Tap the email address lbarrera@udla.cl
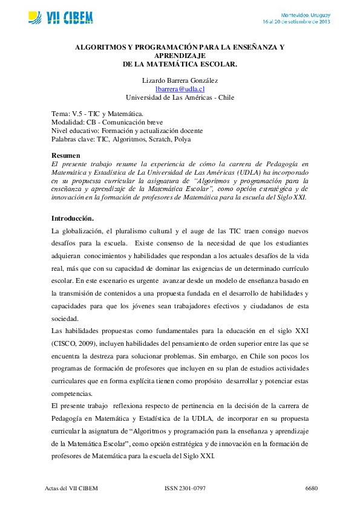click(x=180, y=89)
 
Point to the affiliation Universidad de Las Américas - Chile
click(x=180, y=97)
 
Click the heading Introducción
click(x=73, y=218)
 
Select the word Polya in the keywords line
click(x=182, y=139)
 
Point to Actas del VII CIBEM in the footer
click(x=71, y=487)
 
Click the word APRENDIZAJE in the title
click(x=180, y=54)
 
